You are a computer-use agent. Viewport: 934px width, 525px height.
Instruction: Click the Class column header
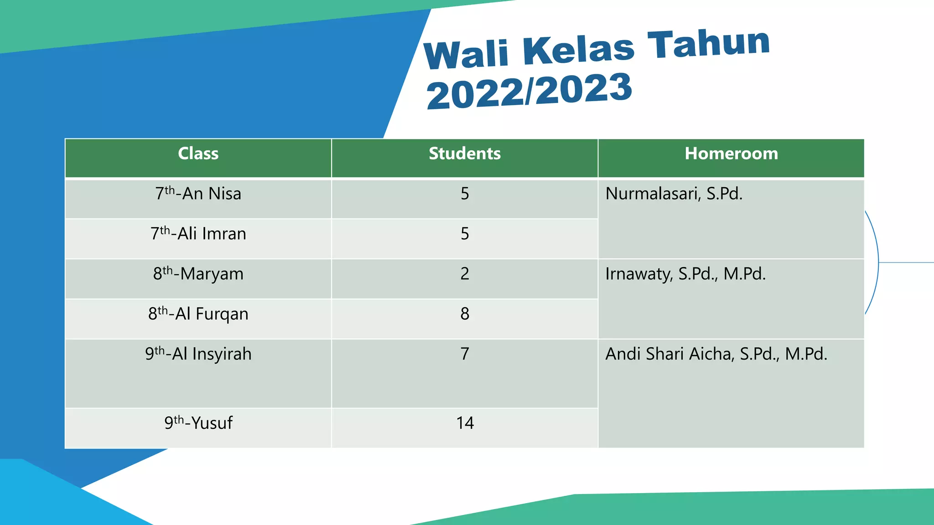(x=198, y=154)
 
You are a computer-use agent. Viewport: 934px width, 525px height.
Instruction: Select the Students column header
(x=465, y=154)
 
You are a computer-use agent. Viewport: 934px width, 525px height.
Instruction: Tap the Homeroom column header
(x=731, y=154)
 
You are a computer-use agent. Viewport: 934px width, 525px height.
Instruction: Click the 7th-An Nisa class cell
(x=198, y=194)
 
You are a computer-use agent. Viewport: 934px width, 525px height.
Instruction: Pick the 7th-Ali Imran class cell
(x=198, y=234)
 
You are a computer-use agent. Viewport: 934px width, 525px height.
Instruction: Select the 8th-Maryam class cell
(x=198, y=274)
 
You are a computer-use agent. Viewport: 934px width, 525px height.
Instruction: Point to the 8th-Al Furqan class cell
(x=198, y=314)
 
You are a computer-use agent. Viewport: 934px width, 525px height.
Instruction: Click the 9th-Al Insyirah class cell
(x=198, y=355)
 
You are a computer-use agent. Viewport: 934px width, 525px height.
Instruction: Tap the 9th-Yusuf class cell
(x=198, y=423)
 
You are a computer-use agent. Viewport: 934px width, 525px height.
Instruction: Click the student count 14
(x=465, y=423)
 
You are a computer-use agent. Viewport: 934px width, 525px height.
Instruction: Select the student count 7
(x=465, y=354)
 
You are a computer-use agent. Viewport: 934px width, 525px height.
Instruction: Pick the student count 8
(x=465, y=314)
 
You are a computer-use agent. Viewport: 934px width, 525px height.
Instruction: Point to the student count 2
(x=465, y=274)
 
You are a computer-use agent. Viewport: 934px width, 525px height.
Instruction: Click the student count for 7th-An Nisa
(x=465, y=194)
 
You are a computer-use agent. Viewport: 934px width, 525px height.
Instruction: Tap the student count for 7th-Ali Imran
(x=465, y=234)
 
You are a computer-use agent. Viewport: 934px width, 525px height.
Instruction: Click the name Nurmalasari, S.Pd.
(x=674, y=194)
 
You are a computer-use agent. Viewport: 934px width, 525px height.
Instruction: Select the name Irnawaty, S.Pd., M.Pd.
(x=685, y=274)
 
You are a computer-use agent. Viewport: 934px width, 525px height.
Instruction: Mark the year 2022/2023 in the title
(x=529, y=91)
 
